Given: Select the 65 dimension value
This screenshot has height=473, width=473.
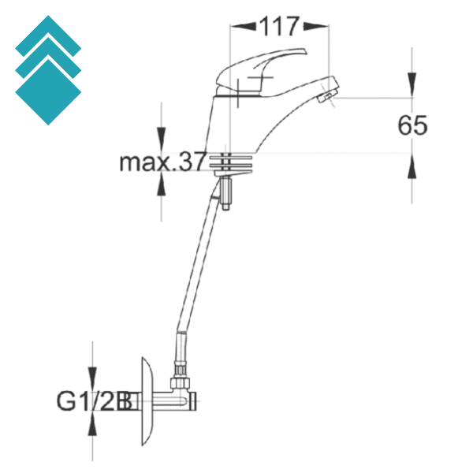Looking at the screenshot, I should click(x=412, y=125).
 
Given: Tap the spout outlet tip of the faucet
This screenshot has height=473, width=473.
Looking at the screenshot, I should click(x=326, y=96).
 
